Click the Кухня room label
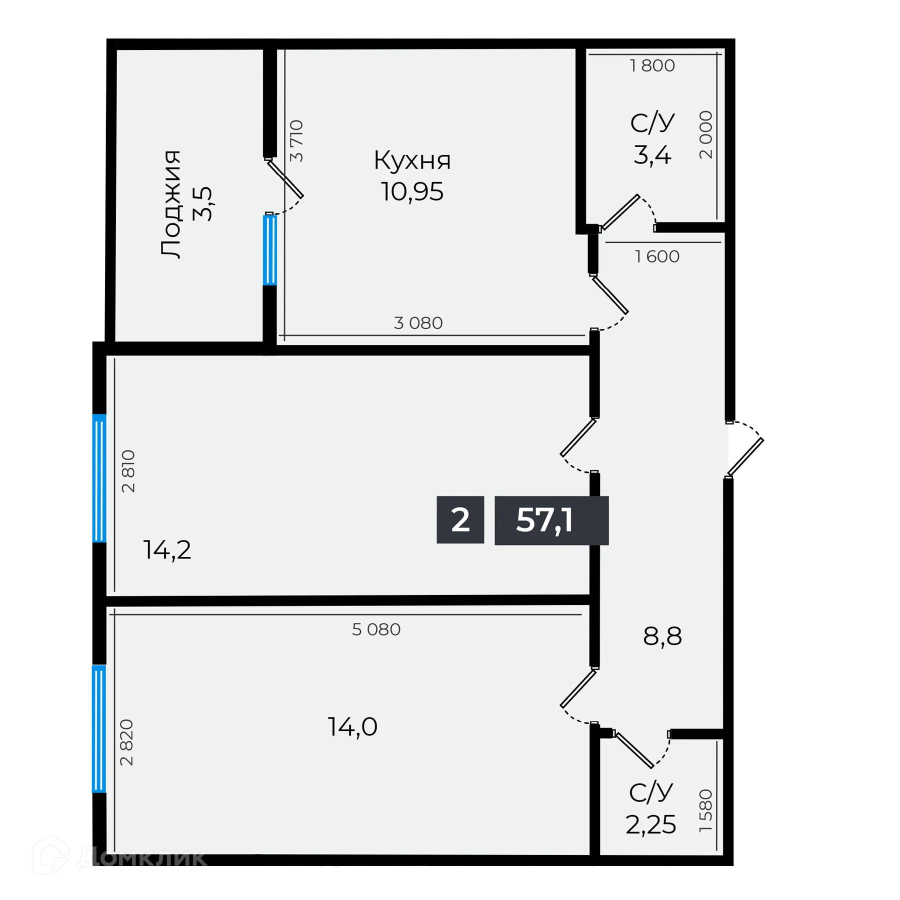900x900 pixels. [412, 160]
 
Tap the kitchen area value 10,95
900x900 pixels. [412, 192]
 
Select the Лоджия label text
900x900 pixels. [171, 204]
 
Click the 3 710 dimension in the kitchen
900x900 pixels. [296, 140]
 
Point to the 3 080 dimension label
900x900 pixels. [418, 323]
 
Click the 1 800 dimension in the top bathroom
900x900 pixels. [652, 65]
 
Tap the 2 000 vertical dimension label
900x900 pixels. [705, 135]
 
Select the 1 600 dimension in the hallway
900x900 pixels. [657, 256]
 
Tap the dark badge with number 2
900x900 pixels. [460, 520]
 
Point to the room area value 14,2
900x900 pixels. [167, 550]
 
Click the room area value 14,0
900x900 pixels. [352, 727]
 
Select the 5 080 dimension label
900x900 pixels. [376, 629]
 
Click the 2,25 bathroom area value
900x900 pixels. [650, 825]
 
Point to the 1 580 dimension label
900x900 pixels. [705, 810]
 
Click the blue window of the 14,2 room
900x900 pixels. [99, 478]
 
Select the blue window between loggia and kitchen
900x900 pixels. [269, 249]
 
